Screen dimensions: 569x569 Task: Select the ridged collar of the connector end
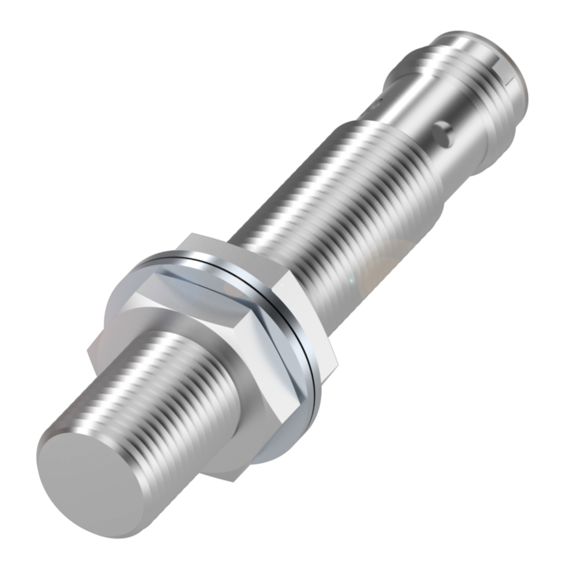tap(467, 80)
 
